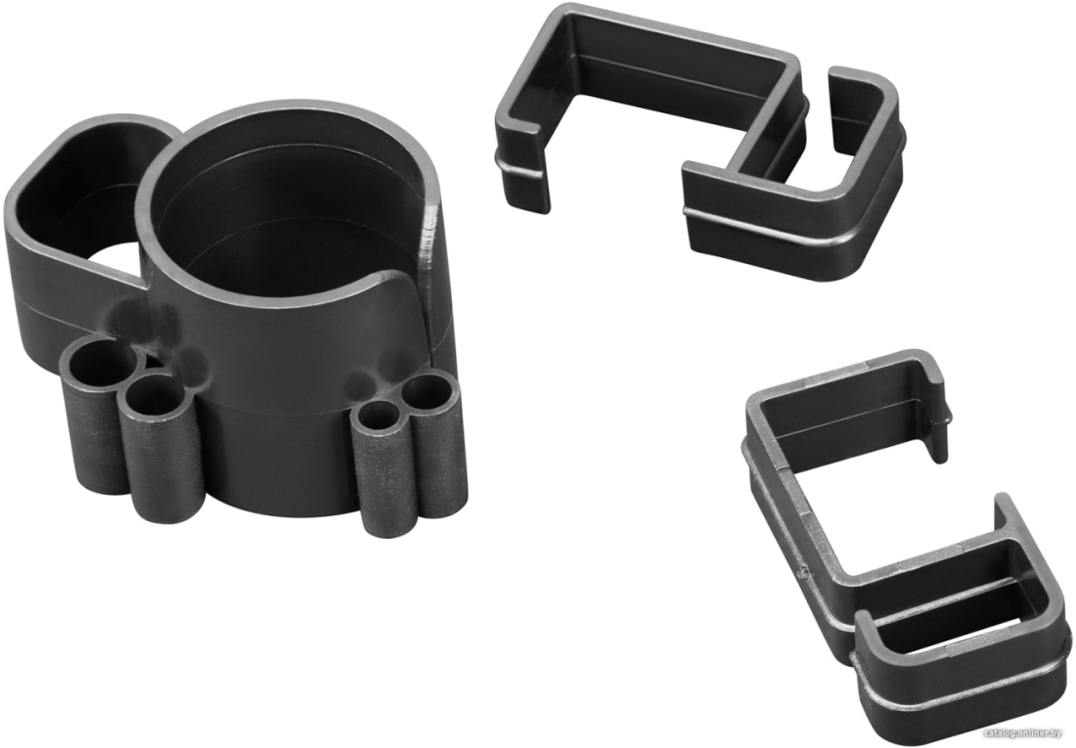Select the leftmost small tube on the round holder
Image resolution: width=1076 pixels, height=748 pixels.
click(x=96, y=412)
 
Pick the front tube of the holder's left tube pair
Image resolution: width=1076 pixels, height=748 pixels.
click(x=161, y=446)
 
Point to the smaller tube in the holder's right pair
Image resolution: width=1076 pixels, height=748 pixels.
click(x=380, y=466)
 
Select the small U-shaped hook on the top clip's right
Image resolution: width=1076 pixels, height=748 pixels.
click(x=861, y=137)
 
